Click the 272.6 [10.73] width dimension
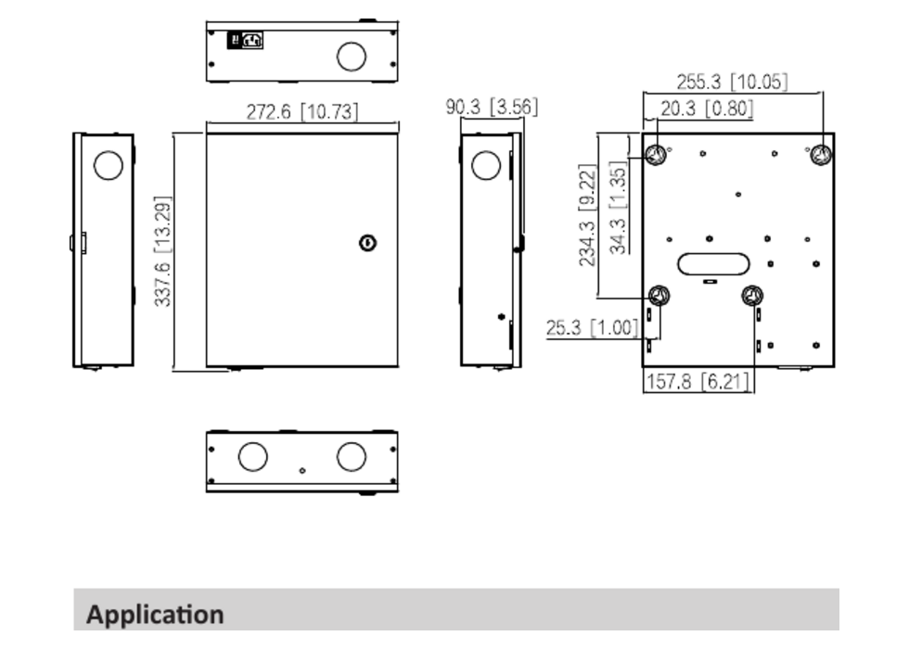(x=302, y=111)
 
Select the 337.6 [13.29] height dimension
(x=163, y=251)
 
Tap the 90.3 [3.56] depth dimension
(x=492, y=107)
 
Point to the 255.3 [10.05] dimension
(x=732, y=82)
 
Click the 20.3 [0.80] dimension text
(x=707, y=108)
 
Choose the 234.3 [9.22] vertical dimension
(x=587, y=215)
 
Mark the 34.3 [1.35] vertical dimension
(x=619, y=208)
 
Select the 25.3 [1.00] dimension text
(x=592, y=327)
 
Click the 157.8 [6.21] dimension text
(x=698, y=381)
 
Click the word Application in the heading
(x=155, y=614)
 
